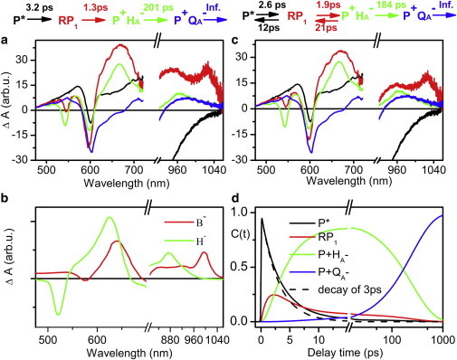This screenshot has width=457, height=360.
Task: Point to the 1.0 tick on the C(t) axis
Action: tap(244, 213)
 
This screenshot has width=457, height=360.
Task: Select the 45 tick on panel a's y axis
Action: tap(32, 52)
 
